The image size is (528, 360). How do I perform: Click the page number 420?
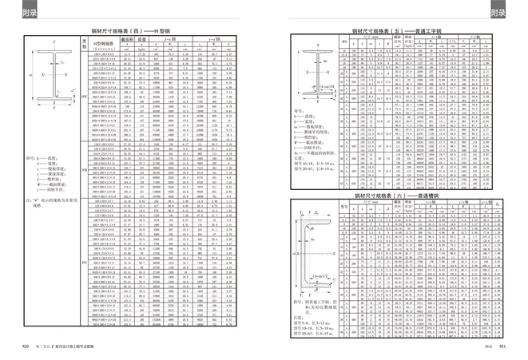click(x=26, y=346)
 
